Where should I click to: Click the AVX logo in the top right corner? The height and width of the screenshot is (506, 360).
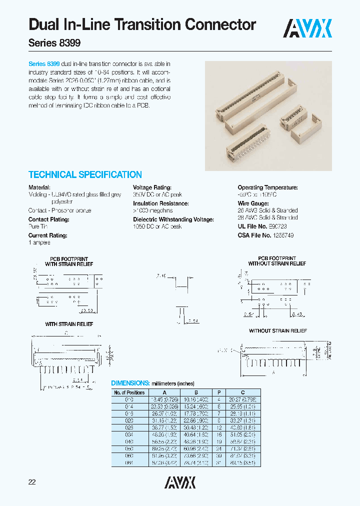click(x=308, y=28)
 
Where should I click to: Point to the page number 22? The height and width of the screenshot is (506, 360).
click(x=32, y=482)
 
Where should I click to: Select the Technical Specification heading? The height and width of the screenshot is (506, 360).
click(x=85, y=175)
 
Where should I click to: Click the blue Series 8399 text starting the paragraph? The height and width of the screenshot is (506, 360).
click(x=44, y=64)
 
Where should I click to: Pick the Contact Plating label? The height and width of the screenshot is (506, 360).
click(x=48, y=219)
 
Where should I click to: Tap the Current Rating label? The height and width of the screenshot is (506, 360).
click(x=47, y=235)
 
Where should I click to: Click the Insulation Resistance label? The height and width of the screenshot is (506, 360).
click(x=160, y=203)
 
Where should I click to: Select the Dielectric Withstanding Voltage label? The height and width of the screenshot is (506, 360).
click(x=173, y=219)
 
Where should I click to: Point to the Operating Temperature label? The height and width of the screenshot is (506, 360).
click(x=267, y=187)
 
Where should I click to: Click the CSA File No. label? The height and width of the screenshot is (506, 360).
click(x=254, y=234)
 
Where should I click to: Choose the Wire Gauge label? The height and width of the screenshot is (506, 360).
click(x=253, y=203)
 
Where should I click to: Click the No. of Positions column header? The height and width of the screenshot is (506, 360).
click(x=129, y=392)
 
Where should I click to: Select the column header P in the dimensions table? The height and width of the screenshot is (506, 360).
click(x=218, y=392)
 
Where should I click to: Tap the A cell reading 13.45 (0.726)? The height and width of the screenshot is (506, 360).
click(x=164, y=400)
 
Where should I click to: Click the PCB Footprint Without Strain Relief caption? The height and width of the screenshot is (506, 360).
click(x=277, y=261)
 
